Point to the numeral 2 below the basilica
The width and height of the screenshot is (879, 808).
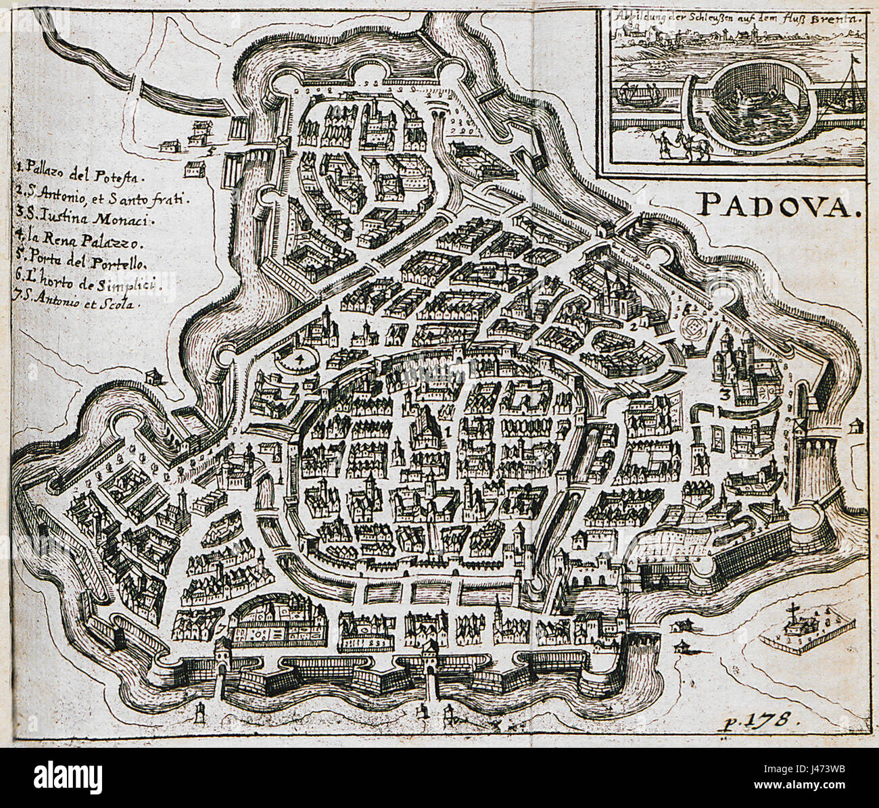click(x=634, y=327)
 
